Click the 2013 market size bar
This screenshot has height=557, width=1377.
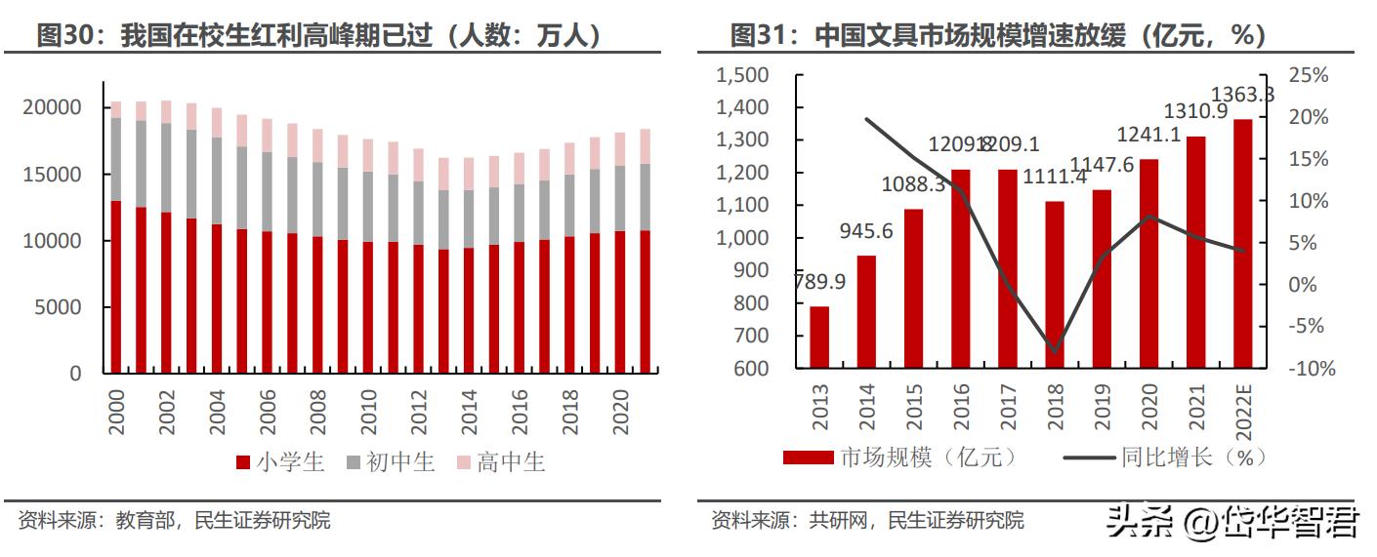819,338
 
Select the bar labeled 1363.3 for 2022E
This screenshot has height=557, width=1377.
1243,244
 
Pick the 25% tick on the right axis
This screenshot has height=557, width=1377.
1309,76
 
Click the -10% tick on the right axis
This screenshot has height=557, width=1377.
1309,369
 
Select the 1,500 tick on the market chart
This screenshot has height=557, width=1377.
742,76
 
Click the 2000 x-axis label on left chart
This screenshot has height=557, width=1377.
115,413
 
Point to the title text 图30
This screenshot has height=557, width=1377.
64,36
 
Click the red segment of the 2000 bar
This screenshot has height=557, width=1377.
115,288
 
